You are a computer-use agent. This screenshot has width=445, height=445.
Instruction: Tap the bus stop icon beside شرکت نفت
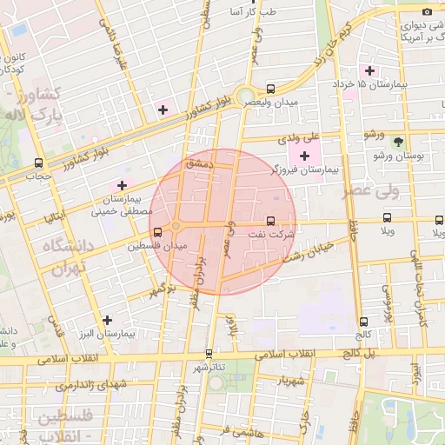[x=270, y=221]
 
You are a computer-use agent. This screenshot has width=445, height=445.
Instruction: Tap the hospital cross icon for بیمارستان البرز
[x=107, y=320]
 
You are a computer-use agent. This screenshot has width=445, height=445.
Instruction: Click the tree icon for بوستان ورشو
[x=398, y=142]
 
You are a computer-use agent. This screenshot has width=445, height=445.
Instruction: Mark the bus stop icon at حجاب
[x=38, y=163]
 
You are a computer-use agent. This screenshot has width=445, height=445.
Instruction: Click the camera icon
[x=426, y=10]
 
